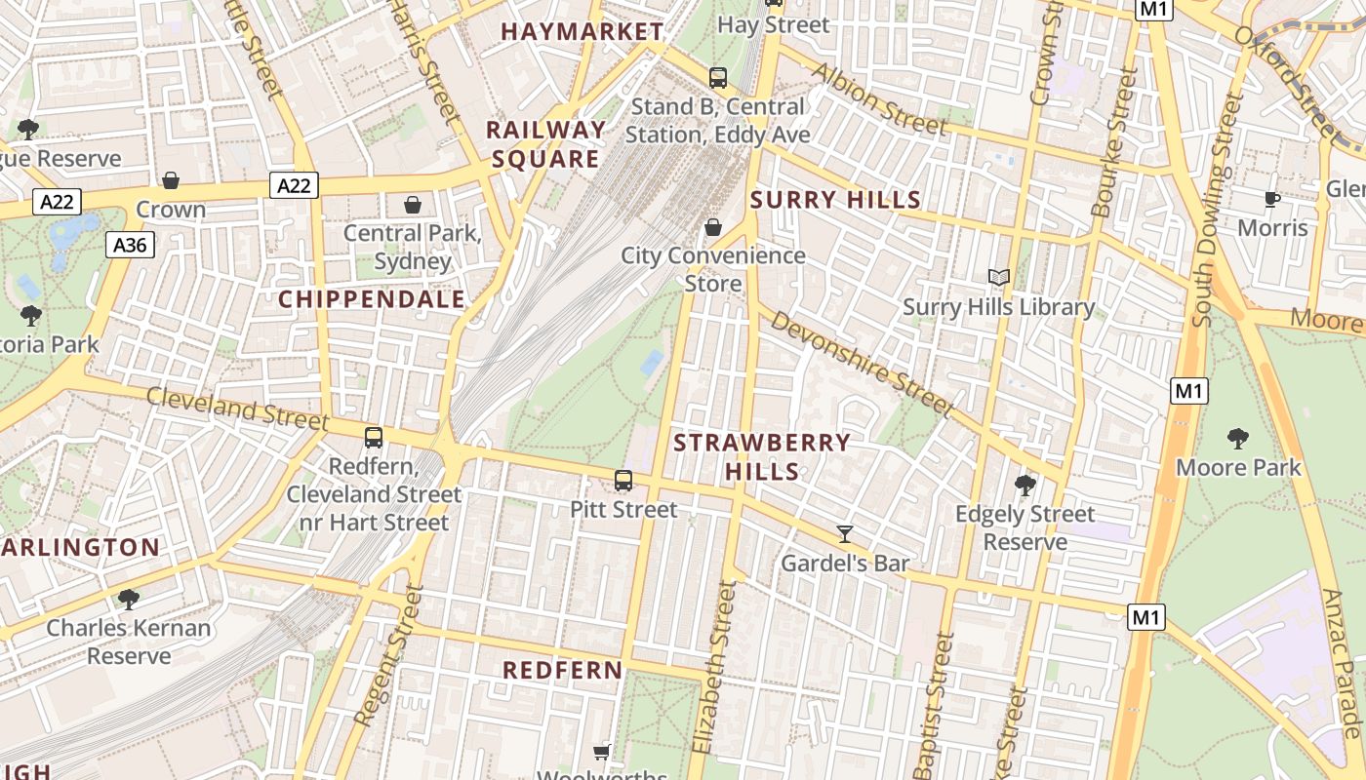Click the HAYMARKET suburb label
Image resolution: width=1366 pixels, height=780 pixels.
pyautogui.click(x=583, y=32)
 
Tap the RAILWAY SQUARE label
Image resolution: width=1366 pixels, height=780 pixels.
pyautogui.click(x=546, y=144)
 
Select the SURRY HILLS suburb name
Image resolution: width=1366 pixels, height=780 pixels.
pyautogui.click(x=835, y=200)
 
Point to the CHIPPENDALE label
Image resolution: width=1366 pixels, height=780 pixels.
pyautogui.click(x=372, y=299)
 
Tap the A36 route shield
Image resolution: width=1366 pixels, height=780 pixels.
pyautogui.click(x=130, y=245)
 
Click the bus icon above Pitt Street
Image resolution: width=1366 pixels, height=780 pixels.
pyautogui.click(x=623, y=481)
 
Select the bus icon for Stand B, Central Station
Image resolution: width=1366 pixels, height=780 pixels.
pyautogui.click(x=718, y=77)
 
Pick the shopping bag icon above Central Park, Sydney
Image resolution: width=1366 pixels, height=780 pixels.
pyautogui.click(x=413, y=205)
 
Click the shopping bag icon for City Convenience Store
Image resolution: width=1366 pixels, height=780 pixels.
pyautogui.click(x=713, y=227)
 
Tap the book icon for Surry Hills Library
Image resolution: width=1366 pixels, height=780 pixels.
pyautogui.click(x=998, y=278)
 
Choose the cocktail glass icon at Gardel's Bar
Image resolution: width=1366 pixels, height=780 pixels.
pyautogui.click(x=845, y=533)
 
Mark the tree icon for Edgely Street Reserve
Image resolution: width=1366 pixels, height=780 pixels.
pyautogui.click(x=1024, y=485)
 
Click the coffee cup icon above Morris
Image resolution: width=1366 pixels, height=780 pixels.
pyautogui.click(x=1272, y=199)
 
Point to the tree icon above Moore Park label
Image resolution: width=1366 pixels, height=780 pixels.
pyautogui.click(x=1238, y=439)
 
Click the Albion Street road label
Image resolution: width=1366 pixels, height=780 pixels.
pyautogui.click(x=878, y=99)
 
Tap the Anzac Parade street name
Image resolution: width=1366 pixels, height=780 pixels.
pyautogui.click(x=1341, y=663)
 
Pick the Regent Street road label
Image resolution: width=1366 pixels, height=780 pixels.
pyautogui.click(x=389, y=655)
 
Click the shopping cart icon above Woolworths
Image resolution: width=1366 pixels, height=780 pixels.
pyautogui.click(x=602, y=752)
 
